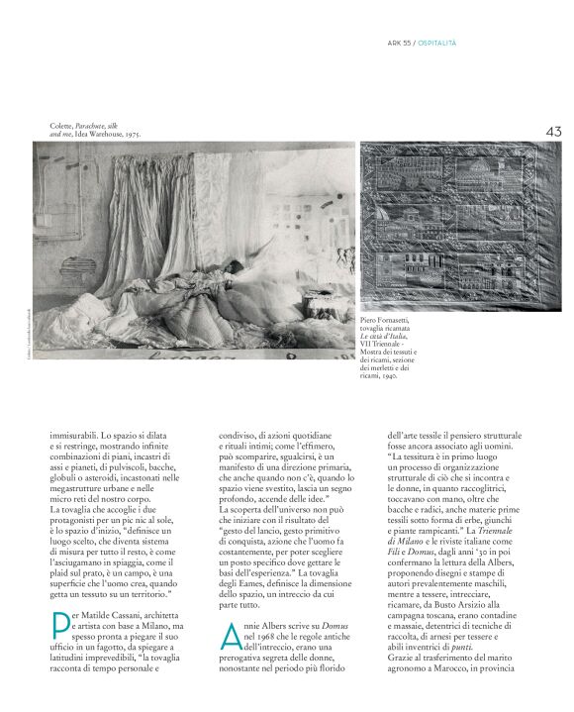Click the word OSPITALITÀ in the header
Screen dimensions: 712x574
[436, 43]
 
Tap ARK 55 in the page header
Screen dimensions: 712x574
[398, 43]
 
